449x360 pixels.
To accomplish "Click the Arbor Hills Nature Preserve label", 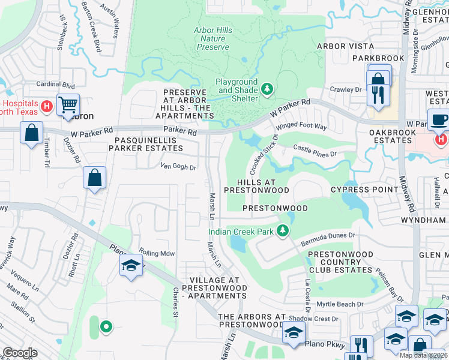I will point(212,38).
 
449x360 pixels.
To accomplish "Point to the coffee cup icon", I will point(439,119).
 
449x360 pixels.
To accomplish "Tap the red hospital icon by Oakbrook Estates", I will point(441,140).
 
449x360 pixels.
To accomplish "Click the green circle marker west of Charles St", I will point(106,326).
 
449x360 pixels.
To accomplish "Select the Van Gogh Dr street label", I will point(178,167).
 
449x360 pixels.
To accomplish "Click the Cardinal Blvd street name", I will point(55,85).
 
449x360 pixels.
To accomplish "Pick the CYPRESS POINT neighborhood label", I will point(364,190).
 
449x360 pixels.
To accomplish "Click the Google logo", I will point(20,353).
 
